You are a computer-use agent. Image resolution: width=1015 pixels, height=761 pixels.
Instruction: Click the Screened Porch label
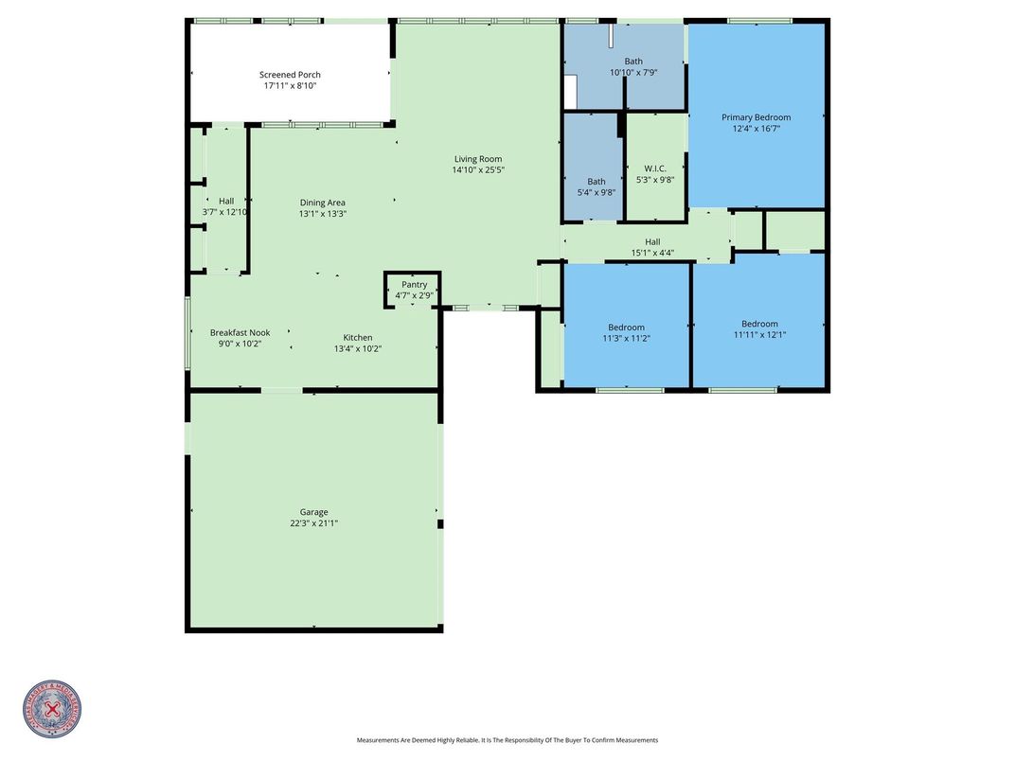click(290, 75)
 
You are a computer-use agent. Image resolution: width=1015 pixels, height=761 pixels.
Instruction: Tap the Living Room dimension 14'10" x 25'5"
click(478, 170)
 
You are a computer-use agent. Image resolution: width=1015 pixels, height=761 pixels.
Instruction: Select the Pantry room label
click(414, 284)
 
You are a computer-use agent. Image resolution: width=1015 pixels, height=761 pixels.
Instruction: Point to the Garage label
click(314, 512)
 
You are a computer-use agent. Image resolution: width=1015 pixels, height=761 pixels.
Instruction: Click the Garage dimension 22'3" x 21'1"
click(314, 523)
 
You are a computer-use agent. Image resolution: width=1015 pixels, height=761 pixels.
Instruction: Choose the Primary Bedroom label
click(756, 117)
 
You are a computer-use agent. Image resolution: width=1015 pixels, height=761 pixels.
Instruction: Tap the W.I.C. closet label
click(655, 168)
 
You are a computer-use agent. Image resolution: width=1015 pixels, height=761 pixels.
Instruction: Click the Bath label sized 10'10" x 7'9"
click(632, 62)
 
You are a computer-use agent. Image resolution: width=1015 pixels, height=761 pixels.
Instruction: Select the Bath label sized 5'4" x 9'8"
click(596, 182)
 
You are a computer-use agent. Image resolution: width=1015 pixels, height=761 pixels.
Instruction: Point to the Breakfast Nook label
click(240, 332)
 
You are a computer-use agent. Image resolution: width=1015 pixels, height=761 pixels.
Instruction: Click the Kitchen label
click(357, 338)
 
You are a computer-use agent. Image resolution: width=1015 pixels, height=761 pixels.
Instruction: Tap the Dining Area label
click(322, 203)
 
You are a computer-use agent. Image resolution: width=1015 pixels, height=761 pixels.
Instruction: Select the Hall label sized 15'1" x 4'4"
click(652, 241)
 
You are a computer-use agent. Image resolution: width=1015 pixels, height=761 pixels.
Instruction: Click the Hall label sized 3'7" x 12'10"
click(225, 201)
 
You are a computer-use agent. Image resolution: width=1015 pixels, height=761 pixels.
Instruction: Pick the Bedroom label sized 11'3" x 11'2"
click(626, 327)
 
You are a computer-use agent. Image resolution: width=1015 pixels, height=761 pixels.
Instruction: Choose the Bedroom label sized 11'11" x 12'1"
click(759, 324)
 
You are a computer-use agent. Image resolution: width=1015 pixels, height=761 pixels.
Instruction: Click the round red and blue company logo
click(52, 709)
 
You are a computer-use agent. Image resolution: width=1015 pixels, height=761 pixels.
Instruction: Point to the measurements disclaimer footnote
click(507, 740)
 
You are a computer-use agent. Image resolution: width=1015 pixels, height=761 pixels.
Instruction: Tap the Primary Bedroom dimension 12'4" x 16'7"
click(756, 129)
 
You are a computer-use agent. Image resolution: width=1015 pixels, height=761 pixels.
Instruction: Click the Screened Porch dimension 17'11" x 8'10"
click(290, 86)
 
